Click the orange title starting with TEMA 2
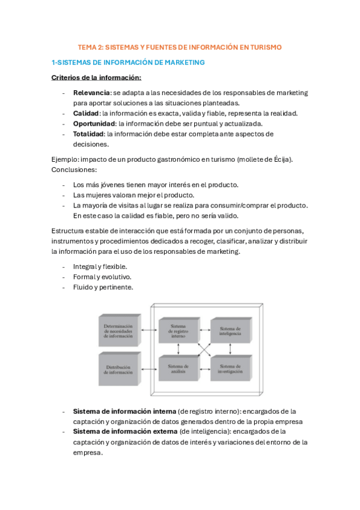point(180,47)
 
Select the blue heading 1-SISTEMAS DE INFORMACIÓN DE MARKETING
point(128,62)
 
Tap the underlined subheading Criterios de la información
point(96,78)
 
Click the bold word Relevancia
point(91,93)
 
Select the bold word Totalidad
point(89,134)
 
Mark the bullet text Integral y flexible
point(100,266)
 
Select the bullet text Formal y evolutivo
point(102,277)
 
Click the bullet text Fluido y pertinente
point(103,287)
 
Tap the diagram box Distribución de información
point(120,368)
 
